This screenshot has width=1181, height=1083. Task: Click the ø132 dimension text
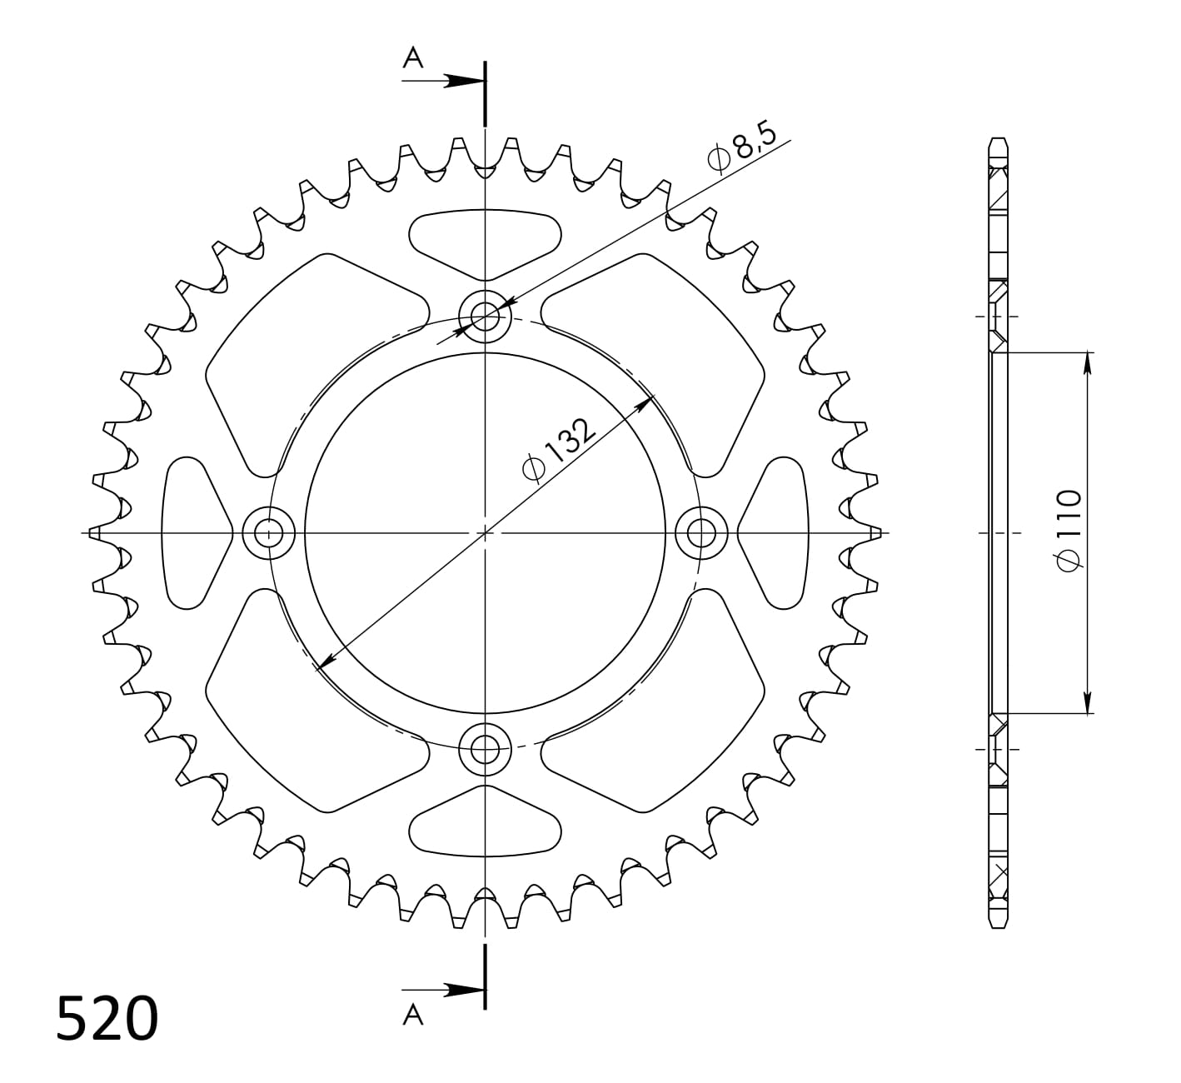pos(559,449)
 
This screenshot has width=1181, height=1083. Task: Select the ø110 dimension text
pos(1069,531)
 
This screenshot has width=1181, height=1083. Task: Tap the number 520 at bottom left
pos(107,1018)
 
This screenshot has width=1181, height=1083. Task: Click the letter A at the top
pos(413,57)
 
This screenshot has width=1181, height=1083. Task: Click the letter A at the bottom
pos(413,1014)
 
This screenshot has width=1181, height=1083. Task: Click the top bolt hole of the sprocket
pos(485,316)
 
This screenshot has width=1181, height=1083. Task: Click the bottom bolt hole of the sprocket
pos(485,749)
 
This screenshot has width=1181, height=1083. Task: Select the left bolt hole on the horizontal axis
pos(268,532)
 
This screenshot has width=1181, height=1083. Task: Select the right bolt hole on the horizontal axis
pos(701,532)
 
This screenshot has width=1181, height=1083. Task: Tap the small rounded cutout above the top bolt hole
pos(485,242)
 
